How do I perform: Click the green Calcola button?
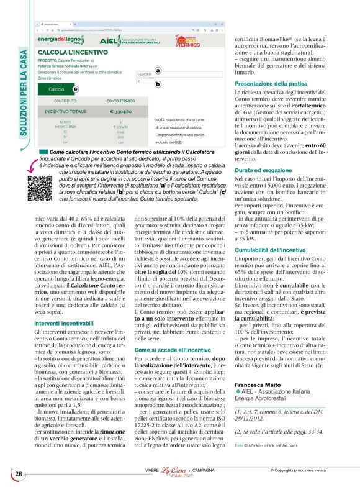pyautogui.click(x=56, y=89)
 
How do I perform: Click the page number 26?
pyautogui.click(x=16, y=475)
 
